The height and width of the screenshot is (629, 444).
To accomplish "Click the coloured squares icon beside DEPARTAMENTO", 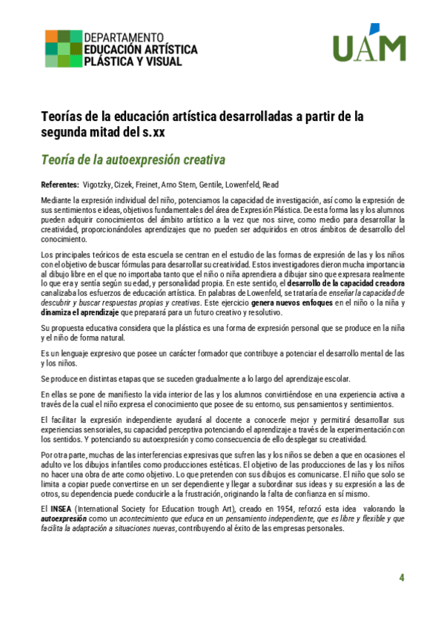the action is click(x=63, y=48).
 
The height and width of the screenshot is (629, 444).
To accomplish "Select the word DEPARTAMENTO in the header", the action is click(x=124, y=36).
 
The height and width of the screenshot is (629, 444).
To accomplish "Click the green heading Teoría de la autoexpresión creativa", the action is click(x=133, y=159).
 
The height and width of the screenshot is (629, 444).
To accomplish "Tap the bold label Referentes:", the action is click(x=59, y=183).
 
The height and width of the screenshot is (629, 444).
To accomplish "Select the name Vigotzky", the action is click(x=99, y=183).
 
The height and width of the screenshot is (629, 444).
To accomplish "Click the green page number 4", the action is click(x=401, y=577).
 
